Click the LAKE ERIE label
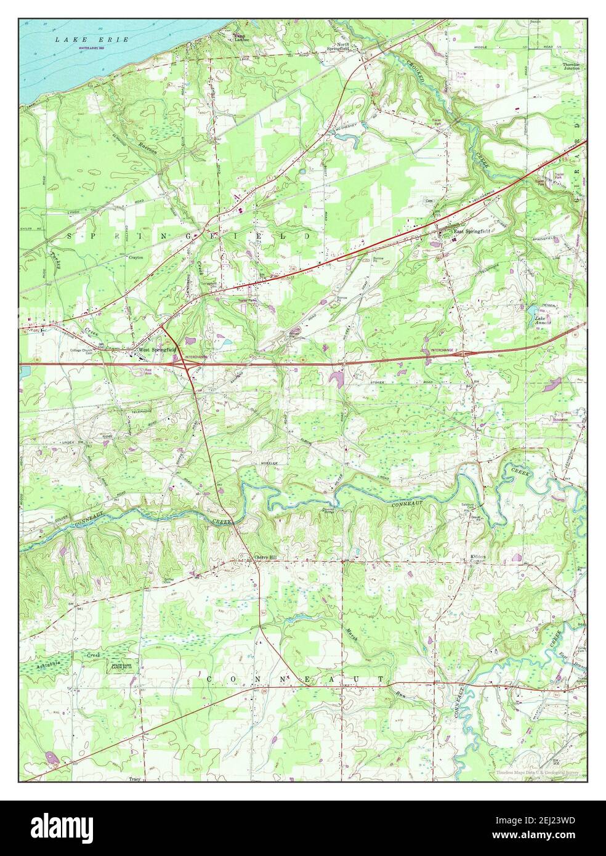[91, 39]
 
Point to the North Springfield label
[349, 47]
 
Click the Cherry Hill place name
[266, 558]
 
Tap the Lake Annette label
[543, 320]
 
